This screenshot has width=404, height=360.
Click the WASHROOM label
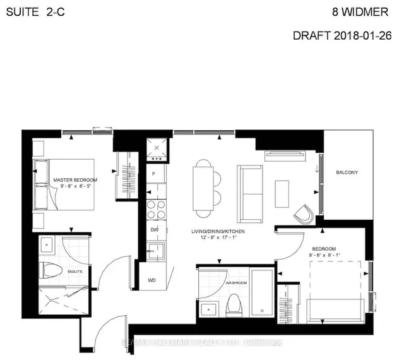(237, 283)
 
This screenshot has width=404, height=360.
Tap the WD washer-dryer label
(152, 279)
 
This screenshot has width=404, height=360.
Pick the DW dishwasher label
(154, 230)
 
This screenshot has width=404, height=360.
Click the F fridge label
(154, 172)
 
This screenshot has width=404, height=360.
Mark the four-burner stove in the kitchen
(155, 208)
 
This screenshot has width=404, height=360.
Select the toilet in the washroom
(235, 304)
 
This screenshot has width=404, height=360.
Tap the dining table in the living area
(203, 186)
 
